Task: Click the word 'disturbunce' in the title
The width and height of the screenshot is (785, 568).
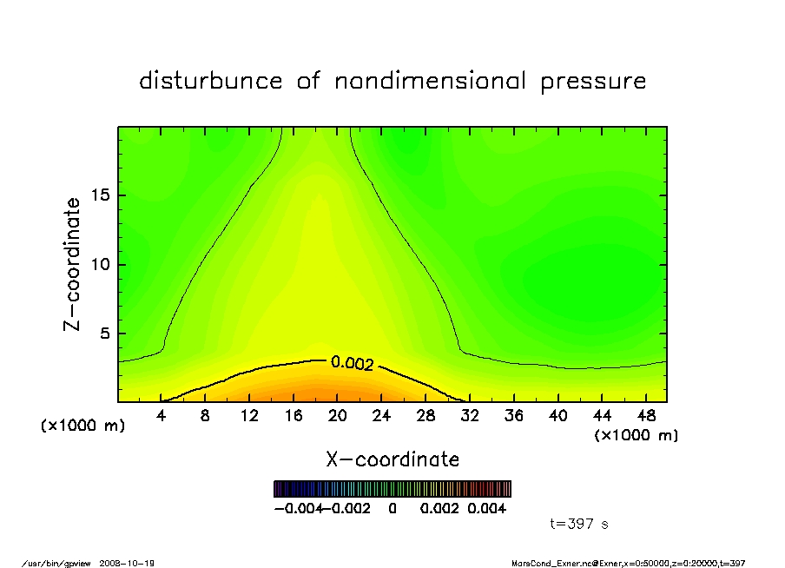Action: [x=211, y=82]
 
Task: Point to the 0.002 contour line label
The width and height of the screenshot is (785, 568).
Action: [x=353, y=363]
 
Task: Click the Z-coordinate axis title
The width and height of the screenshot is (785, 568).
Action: [x=73, y=264]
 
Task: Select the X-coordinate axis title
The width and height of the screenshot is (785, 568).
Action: [x=392, y=459]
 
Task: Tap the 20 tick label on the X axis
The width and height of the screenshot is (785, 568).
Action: [x=337, y=416]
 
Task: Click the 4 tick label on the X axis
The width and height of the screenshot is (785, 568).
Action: [x=162, y=416]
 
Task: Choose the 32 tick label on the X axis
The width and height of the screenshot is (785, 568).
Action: [x=470, y=416]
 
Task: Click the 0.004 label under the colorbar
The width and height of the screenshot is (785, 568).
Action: [x=487, y=508]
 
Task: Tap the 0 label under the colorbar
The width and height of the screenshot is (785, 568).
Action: [x=392, y=508]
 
